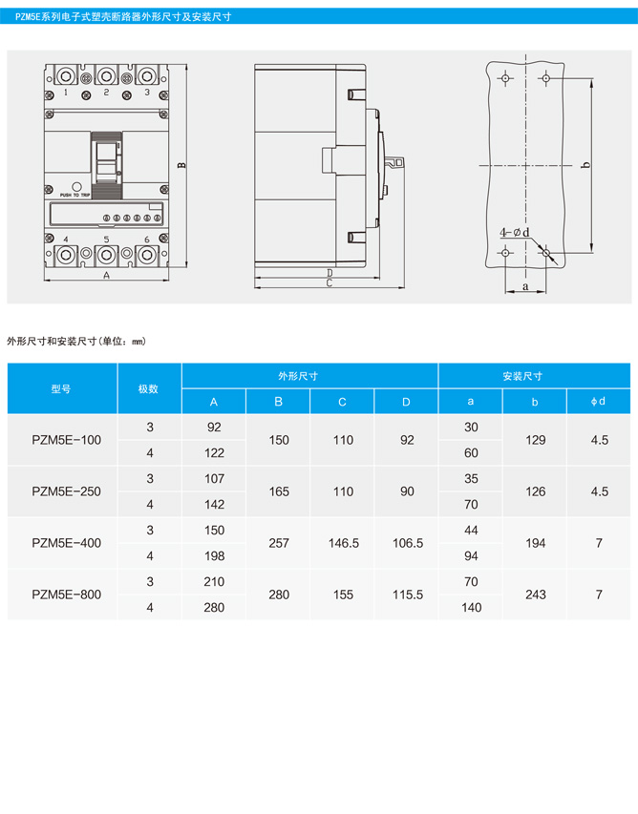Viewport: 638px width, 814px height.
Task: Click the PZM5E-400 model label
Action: click(67, 543)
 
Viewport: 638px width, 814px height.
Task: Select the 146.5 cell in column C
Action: click(344, 543)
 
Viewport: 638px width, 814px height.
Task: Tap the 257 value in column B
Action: click(279, 543)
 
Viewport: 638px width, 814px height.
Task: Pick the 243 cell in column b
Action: click(535, 595)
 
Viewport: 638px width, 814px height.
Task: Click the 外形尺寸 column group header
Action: click(298, 376)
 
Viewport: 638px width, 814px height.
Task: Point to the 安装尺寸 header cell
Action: click(522, 376)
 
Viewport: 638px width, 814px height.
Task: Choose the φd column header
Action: click(598, 402)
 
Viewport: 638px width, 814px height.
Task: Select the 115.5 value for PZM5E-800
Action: click(407, 595)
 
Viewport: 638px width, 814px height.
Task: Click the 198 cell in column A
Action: click(214, 556)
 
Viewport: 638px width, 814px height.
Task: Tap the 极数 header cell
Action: click(148, 388)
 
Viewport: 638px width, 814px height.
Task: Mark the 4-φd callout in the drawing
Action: click(515, 232)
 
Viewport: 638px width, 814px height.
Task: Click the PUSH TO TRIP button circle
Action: click(76, 187)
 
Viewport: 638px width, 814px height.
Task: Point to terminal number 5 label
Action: click(107, 240)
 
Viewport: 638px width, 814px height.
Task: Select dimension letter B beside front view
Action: click(181, 165)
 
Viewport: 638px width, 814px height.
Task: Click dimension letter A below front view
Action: click(107, 275)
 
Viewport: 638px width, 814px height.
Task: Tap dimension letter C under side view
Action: click(330, 282)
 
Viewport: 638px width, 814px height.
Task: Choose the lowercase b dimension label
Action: click(586, 165)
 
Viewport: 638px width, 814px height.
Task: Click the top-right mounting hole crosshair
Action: click(545, 78)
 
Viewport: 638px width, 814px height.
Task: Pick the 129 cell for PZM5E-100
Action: click(535, 440)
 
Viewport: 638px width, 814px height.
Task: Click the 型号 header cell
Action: click(61, 388)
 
